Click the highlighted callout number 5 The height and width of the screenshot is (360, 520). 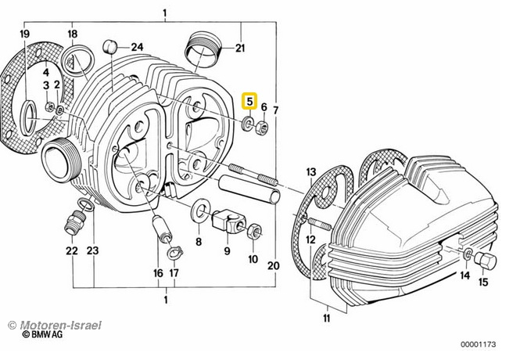click(249, 101)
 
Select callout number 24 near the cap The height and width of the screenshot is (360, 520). click(138, 47)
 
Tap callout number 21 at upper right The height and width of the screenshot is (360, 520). click(240, 49)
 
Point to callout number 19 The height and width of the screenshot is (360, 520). click(24, 34)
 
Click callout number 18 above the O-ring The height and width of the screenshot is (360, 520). click(72, 34)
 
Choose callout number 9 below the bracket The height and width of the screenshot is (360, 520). click(227, 251)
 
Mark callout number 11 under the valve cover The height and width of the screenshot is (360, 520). click(326, 318)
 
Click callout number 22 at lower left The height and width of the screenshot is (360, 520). click(72, 251)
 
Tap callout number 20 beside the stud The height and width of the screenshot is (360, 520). click(273, 265)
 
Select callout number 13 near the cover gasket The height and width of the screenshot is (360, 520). click(310, 171)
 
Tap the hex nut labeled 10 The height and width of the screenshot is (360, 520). click(253, 232)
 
